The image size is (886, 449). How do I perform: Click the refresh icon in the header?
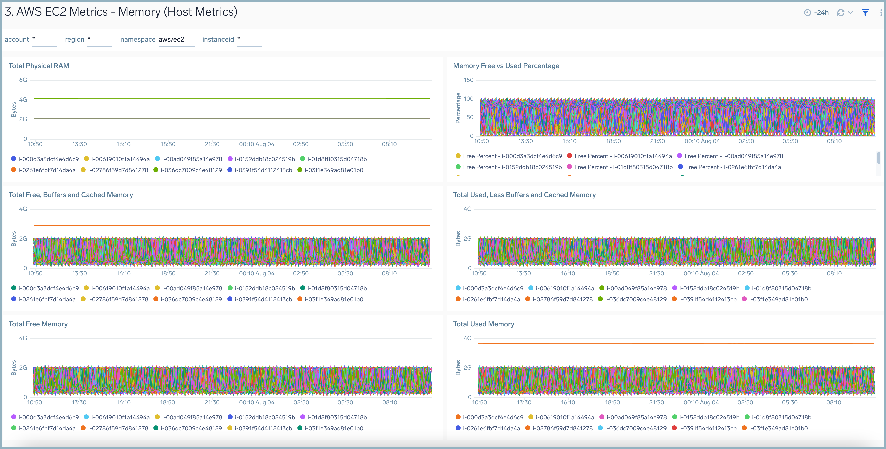pyautogui.click(x=841, y=13)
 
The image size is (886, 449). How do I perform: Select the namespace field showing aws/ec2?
pyautogui.click(x=175, y=40)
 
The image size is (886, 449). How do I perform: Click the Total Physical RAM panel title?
pyautogui.click(x=39, y=66)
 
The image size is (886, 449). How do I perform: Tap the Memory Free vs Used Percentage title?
pyautogui.click(x=506, y=66)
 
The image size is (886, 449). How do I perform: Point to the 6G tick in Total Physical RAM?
pyautogui.click(x=23, y=80)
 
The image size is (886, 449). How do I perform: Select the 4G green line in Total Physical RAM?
pyautogui.click(x=231, y=99)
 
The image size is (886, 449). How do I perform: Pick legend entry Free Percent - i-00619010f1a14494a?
pyautogui.click(x=622, y=156)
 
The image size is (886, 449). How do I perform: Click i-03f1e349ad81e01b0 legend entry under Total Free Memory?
pyautogui.click(x=333, y=428)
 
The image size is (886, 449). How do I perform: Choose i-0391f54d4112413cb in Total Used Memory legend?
pyautogui.click(x=708, y=428)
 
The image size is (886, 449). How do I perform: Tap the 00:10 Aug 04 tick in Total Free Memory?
pyautogui.click(x=257, y=402)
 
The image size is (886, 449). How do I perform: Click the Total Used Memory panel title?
pyautogui.click(x=483, y=324)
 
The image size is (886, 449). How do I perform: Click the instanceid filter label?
pyautogui.click(x=218, y=40)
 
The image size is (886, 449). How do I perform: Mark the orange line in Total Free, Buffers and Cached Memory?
pyautogui.click(x=231, y=225)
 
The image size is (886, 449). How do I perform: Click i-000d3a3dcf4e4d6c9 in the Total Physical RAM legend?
pyautogui.click(x=48, y=159)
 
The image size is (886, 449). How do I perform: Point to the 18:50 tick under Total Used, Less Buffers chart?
pyautogui.click(x=612, y=273)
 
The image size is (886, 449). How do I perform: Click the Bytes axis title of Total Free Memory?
pyautogui.click(x=14, y=368)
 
